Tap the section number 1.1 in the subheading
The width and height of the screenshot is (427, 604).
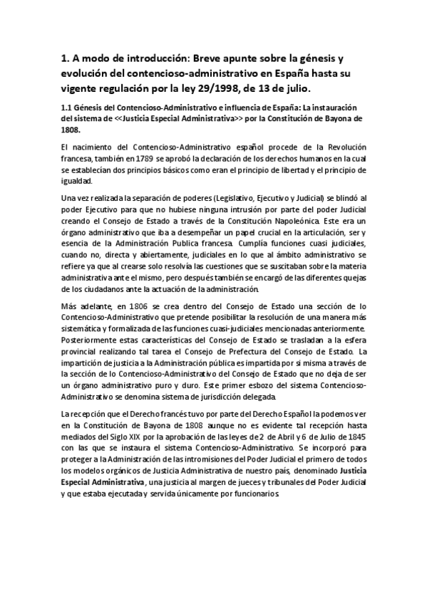click(68, 108)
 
